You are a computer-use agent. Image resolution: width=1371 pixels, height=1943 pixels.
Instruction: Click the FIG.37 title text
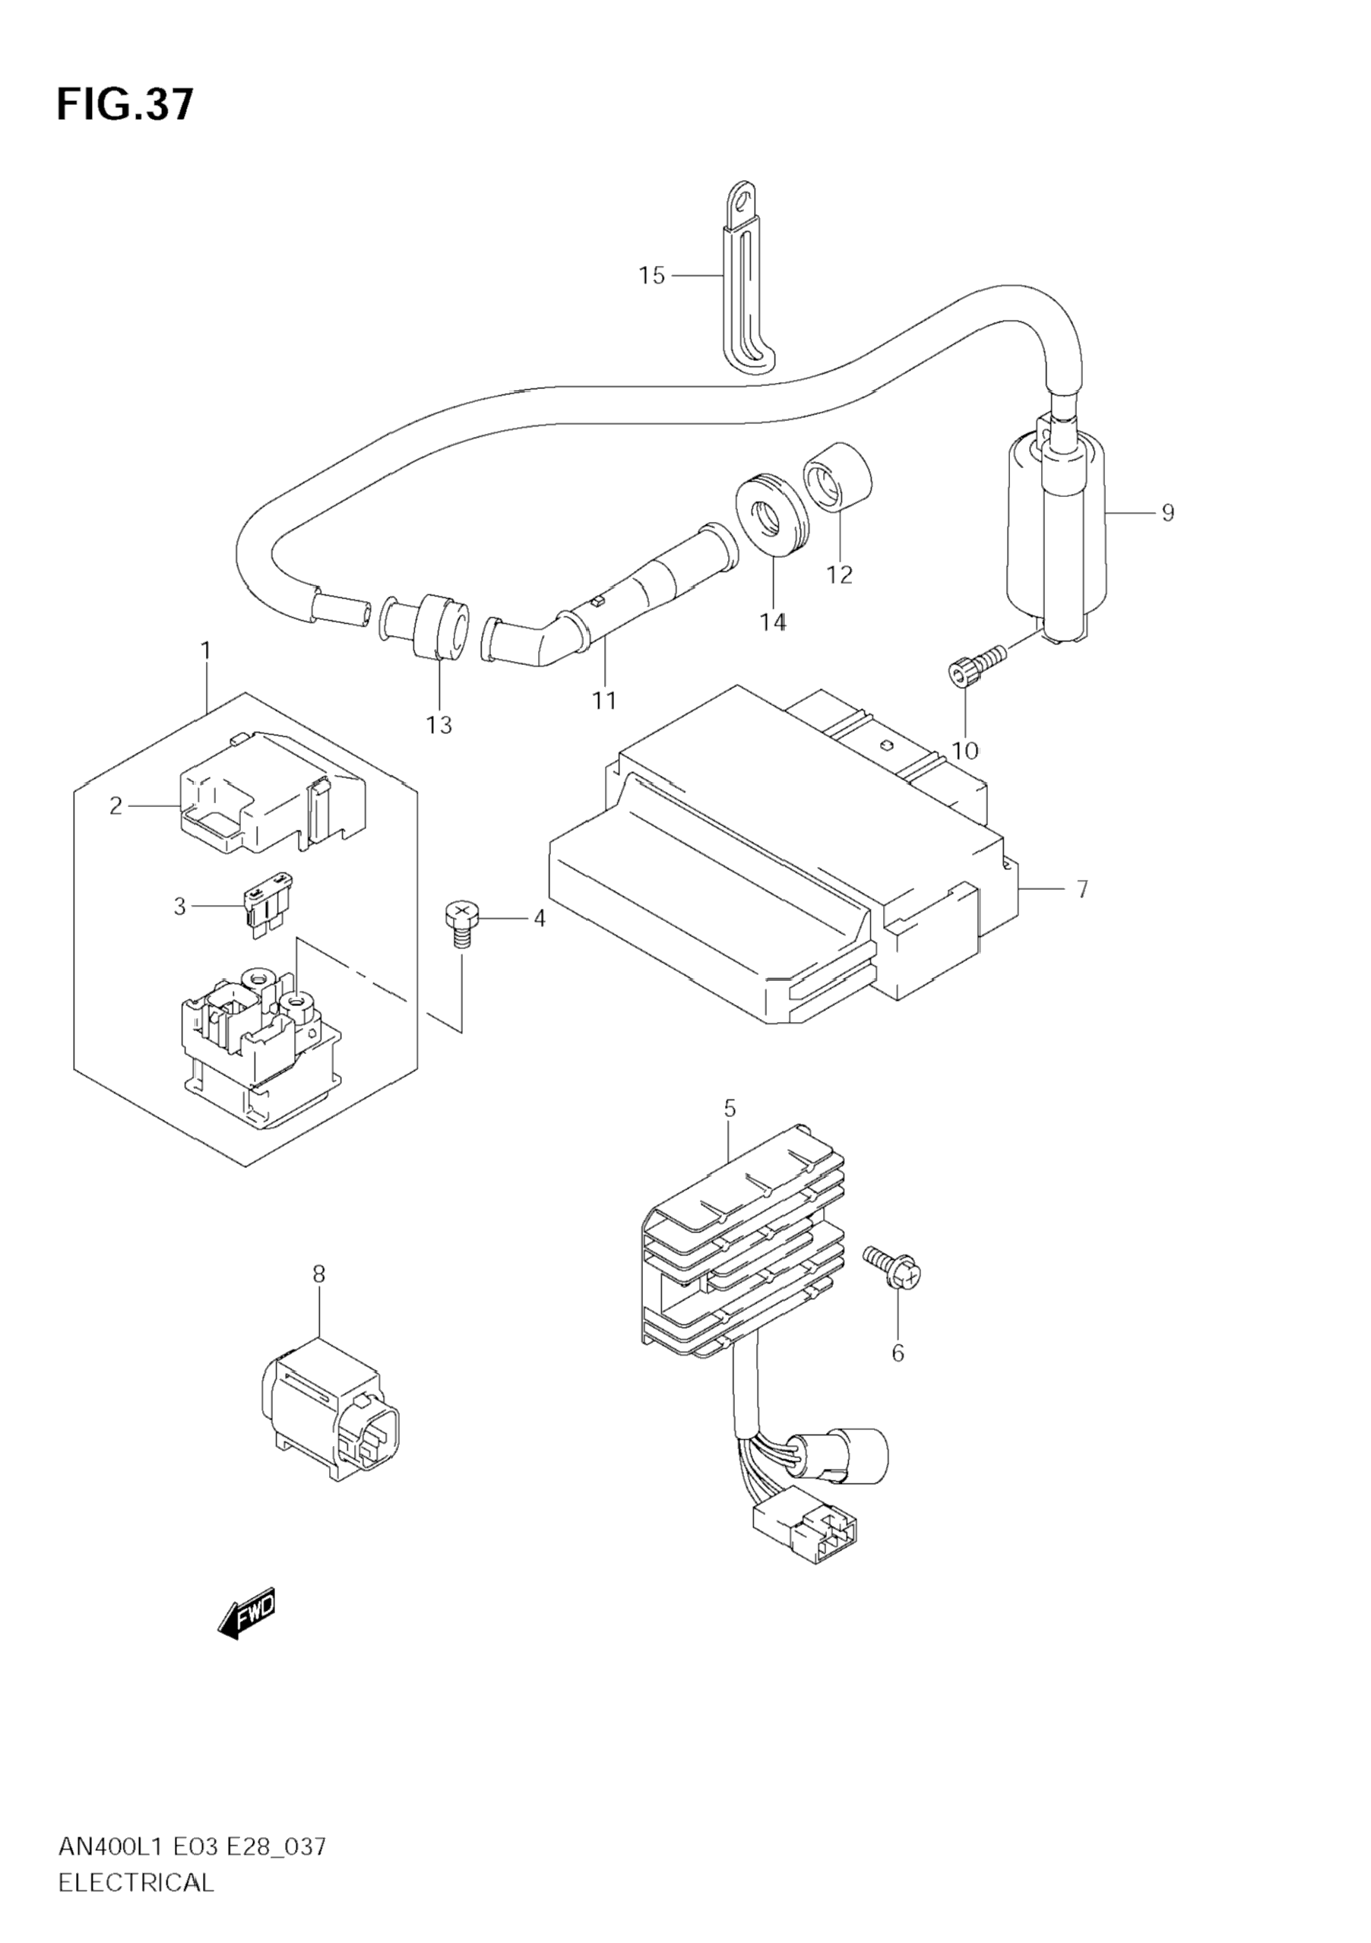pyautogui.click(x=125, y=105)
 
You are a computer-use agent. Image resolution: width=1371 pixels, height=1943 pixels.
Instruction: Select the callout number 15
pyautogui.click(x=651, y=276)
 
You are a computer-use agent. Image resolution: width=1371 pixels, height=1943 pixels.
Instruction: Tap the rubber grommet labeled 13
pyautogui.click(x=440, y=626)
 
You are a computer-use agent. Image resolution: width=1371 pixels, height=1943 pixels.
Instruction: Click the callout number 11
pyautogui.click(x=604, y=701)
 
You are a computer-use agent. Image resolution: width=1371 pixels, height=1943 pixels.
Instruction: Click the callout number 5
pyautogui.click(x=730, y=1108)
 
